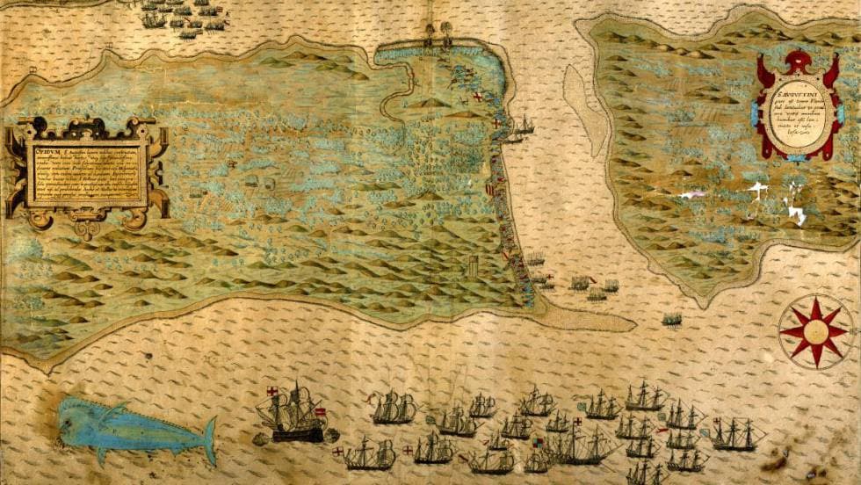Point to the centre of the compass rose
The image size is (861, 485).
pos(814,331)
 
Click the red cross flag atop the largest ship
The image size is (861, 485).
pos(272,391)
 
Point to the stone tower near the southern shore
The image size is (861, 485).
pos(473,265)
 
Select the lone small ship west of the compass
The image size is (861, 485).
pos(672,320)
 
